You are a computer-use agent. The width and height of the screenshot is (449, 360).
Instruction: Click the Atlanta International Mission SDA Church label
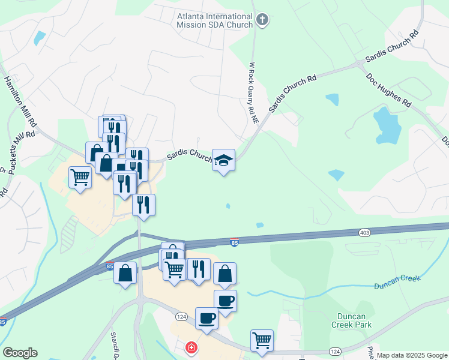214,21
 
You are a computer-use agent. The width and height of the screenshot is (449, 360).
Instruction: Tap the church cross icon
261,20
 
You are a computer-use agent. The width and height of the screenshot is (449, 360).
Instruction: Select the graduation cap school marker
223,160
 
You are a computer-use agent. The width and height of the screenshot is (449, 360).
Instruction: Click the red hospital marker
191,347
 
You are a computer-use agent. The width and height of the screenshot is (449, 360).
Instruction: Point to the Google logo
20,353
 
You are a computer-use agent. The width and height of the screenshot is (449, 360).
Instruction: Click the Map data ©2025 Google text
411,355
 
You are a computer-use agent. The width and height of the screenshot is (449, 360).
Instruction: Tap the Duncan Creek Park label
351,320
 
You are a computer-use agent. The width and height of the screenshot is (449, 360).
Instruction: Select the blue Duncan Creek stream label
397,282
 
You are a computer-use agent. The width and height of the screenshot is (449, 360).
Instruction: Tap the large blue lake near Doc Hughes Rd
387,126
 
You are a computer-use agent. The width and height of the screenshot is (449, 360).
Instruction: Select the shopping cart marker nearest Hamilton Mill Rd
80,177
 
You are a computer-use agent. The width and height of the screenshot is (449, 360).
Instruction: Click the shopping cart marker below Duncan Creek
262,340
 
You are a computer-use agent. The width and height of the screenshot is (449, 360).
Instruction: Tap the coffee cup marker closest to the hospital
206,317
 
